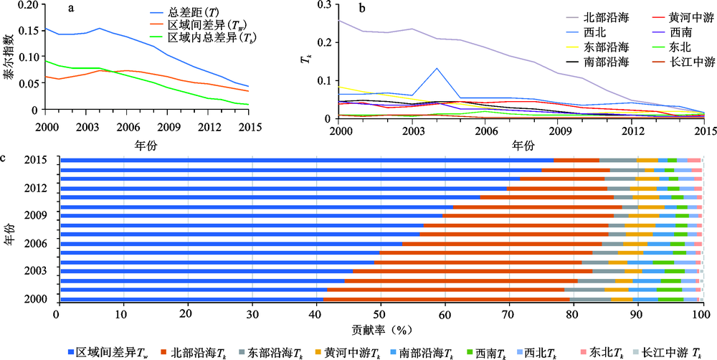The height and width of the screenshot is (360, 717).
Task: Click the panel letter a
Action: [71, 9]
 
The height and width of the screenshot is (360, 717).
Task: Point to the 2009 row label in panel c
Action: [37, 214]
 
